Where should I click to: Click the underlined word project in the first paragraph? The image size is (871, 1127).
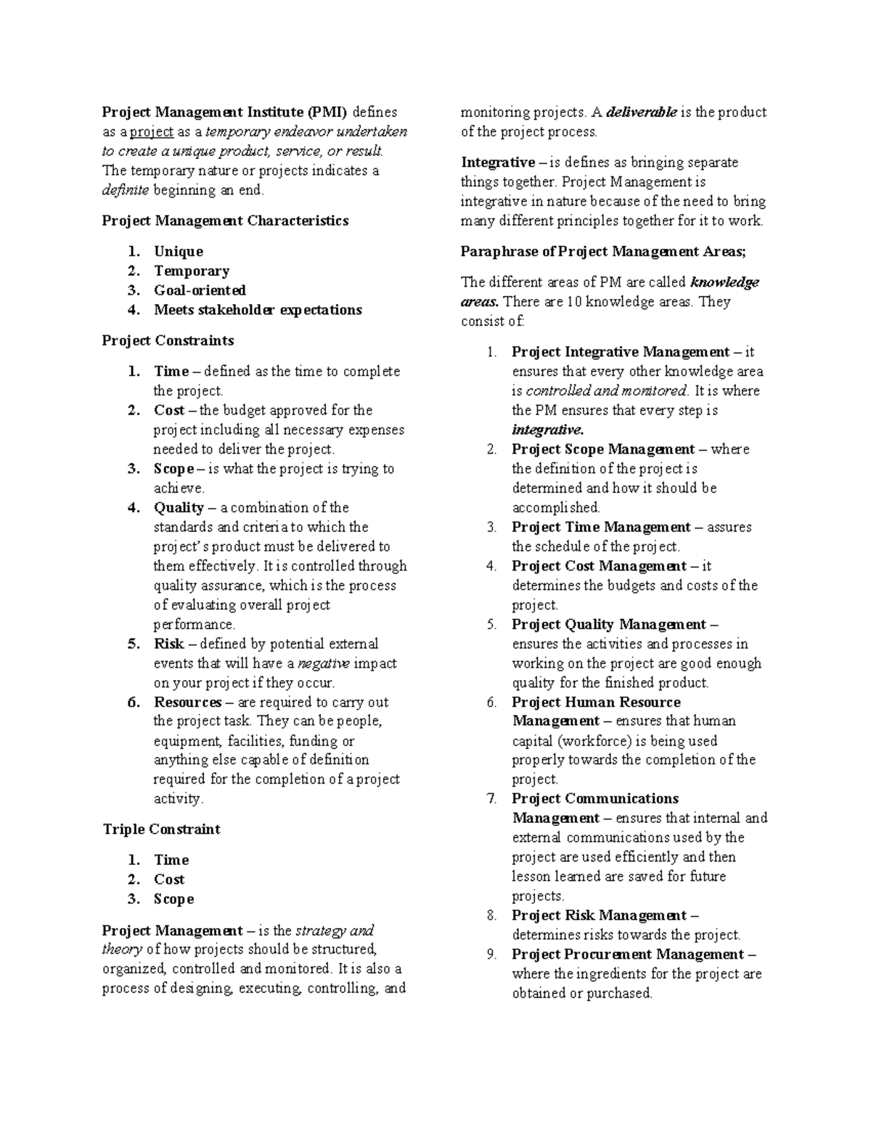[x=152, y=132]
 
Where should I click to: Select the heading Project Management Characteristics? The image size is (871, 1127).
[x=225, y=221]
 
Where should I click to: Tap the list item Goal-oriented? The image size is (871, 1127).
[x=200, y=290]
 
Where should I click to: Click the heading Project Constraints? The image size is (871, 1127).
[x=168, y=340]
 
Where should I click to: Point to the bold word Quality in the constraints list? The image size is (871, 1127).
[x=179, y=507]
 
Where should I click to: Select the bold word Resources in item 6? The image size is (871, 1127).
[x=187, y=702]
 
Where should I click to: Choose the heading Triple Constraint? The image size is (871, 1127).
[x=161, y=829]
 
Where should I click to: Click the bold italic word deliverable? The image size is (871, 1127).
[x=641, y=112]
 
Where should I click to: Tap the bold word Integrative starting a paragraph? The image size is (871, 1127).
[x=498, y=163]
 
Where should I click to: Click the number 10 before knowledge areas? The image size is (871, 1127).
[x=572, y=302]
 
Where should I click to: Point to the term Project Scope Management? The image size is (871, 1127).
[x=603, y=449]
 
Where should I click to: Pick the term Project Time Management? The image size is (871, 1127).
[x=601, y=527]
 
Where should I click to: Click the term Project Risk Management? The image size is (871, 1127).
[x=599, y=915]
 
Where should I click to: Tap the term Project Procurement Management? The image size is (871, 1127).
[x=628, y=954]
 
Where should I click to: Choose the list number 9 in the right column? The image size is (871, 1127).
[x=491, y=954]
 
